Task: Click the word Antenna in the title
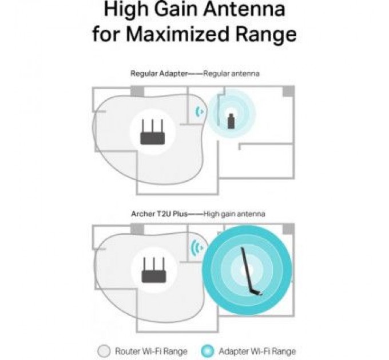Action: click(245, 9)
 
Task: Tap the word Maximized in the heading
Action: click(177, 34)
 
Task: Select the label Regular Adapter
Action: click(159, 74)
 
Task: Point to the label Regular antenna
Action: click(231, 74)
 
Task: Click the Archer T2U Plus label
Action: click(159, 214)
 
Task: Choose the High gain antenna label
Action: click(234, 214)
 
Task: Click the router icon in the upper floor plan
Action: click(152, 132)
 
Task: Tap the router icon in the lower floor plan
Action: click(154, 270)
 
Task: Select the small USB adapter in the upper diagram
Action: click(231, 121)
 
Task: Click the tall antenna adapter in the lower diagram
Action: click(251, 271)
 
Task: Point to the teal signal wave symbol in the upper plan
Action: click(200, 112)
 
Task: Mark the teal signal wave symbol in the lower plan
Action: click(197, 248)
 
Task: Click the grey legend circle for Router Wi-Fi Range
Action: click(104, 351)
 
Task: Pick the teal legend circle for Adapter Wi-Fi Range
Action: click(207, 351)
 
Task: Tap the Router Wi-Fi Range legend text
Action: click(151, 351)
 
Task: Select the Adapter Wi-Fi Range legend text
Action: click(257, 351)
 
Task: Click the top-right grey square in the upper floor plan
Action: click(288, 91)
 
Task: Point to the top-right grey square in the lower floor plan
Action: click(288, 229)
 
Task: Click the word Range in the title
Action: click(265, 35)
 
